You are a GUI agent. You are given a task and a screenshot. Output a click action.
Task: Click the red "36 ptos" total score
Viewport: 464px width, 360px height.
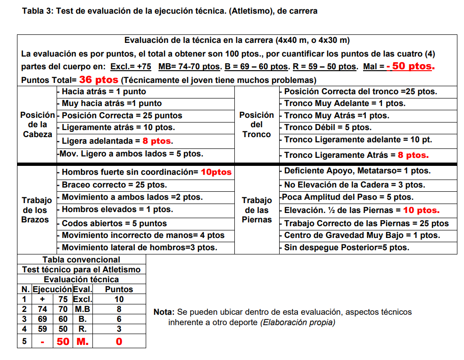(99, 80)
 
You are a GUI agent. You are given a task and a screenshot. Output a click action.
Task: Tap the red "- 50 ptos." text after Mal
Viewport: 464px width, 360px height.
(410, 66)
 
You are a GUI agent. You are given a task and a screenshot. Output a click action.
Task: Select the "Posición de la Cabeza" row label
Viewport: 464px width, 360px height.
(37, 124)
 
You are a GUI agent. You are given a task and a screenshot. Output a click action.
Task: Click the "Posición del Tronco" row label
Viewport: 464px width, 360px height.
(257, 124)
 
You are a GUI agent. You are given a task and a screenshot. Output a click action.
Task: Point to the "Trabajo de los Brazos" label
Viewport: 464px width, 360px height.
(35, 210)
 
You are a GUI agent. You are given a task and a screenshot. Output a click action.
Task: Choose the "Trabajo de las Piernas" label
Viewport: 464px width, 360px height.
(257, 210)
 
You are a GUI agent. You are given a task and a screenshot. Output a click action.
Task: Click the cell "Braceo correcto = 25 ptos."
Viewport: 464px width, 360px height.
(114, 185)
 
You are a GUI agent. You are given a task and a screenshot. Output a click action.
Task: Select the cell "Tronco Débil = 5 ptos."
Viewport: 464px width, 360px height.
(327, 127)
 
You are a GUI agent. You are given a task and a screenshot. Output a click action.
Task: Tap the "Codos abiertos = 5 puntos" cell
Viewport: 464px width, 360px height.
(114, 223)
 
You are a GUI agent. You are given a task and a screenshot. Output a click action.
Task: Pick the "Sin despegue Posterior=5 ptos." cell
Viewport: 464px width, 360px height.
(347, 247)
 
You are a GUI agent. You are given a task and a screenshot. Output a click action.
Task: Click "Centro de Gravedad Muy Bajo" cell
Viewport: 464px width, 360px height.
(362, 235)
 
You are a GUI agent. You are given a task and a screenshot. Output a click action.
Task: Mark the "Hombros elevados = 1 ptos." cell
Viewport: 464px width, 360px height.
(117, 209)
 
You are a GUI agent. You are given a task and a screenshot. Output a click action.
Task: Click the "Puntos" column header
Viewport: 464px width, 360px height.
(119, 289)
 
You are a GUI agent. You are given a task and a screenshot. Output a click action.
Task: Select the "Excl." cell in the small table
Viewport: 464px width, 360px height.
(83, 299)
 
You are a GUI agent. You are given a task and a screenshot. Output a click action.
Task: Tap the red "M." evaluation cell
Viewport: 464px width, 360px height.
(83, 341)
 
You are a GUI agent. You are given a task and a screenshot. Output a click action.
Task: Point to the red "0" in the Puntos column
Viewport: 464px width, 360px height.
(119, 341)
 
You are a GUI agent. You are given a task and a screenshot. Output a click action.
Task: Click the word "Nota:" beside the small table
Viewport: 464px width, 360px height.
(164, 312)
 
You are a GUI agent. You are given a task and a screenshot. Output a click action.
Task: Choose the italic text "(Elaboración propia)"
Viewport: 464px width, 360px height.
(298, 322)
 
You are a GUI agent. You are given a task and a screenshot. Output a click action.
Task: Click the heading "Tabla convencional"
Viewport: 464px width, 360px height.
(81, 260)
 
